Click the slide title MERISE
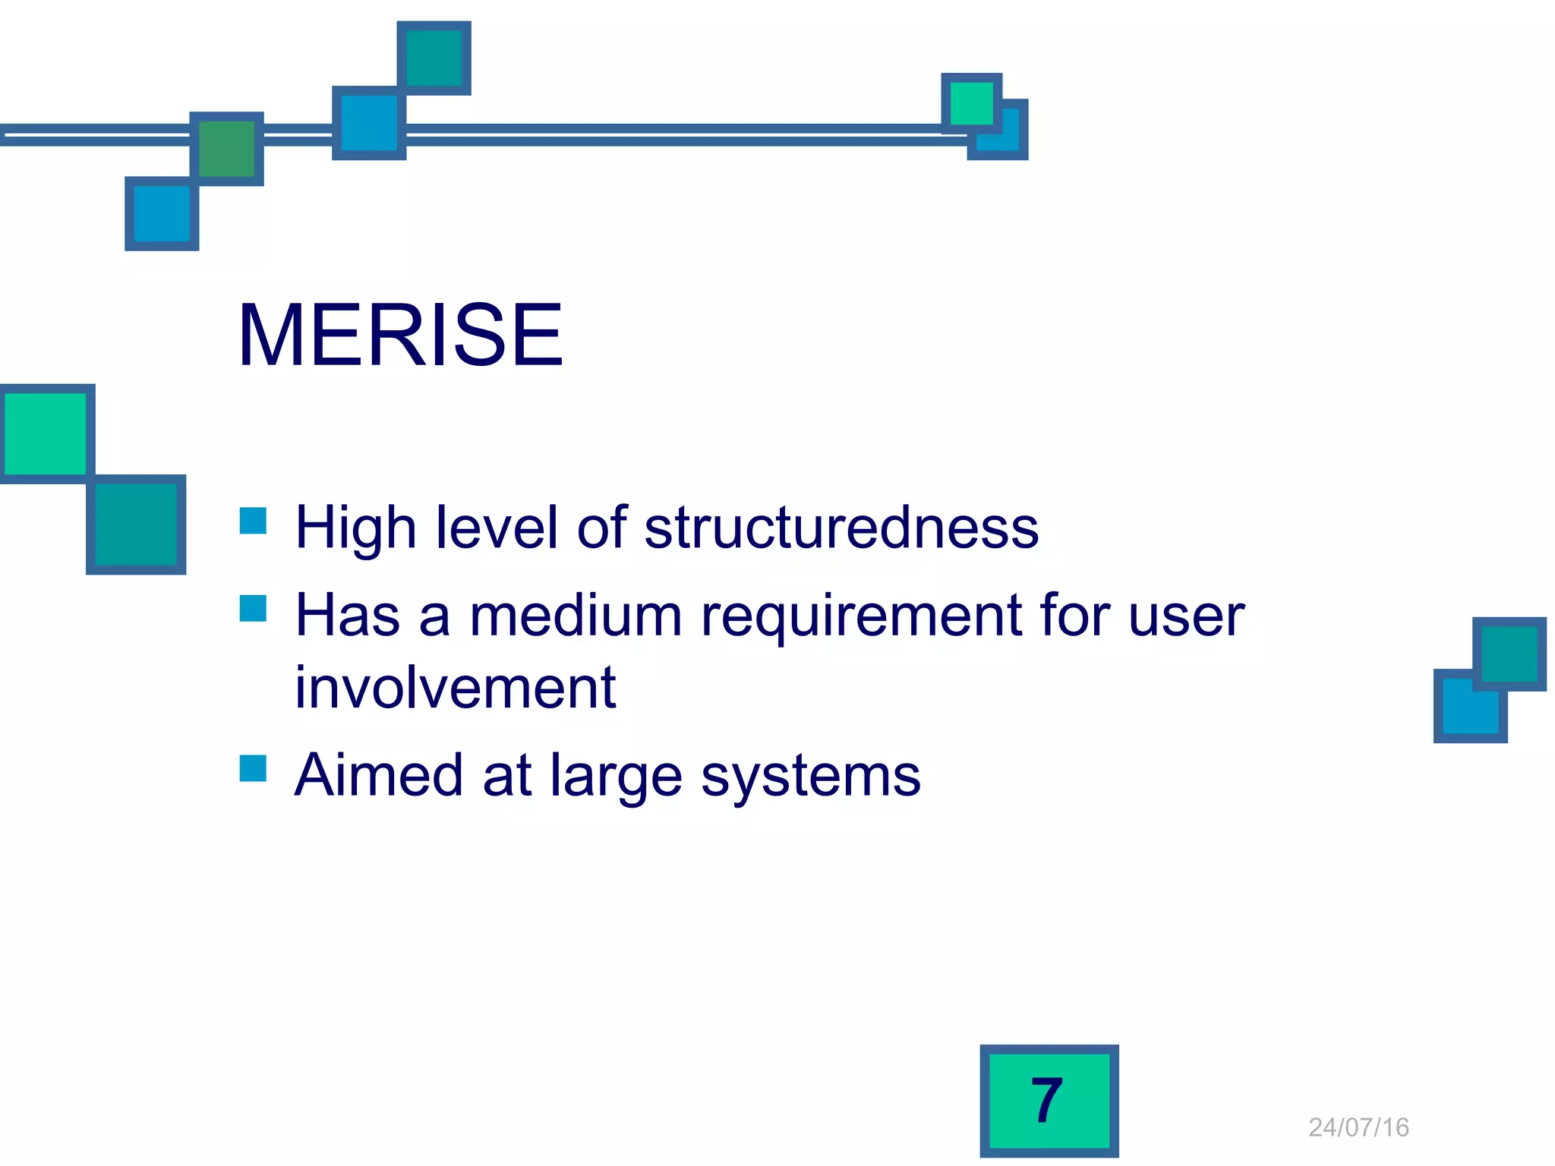point(400,335)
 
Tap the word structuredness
point(841,527)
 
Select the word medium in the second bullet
point(576,615)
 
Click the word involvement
point(455,688)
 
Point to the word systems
point(810,776)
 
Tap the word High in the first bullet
point(356,528)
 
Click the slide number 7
point(1048,1101)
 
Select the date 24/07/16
point(1358,1127)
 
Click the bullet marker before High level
point(253,521)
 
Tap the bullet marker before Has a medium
point(253,608)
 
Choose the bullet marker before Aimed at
point(253,768)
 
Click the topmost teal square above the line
point(434,58)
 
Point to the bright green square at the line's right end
point(971,102)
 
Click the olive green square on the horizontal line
point(226,149)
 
